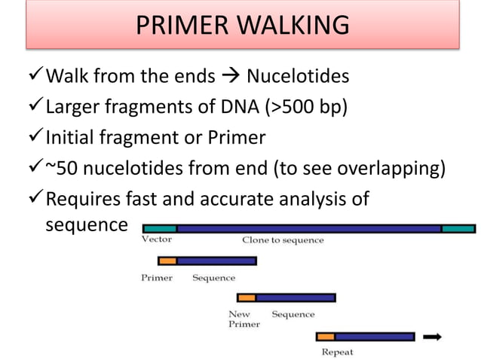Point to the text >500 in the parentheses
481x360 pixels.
point(296,106)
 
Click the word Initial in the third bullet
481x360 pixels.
point(73,138)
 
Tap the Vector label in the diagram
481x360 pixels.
point(157,239)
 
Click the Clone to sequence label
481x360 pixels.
point(283,240)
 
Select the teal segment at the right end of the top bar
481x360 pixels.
point(458,227)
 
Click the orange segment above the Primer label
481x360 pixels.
point(167,261)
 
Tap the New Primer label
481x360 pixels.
point(244,319)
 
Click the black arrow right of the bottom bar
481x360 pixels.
point(433,337)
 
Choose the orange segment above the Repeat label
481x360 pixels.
point(325,337)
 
